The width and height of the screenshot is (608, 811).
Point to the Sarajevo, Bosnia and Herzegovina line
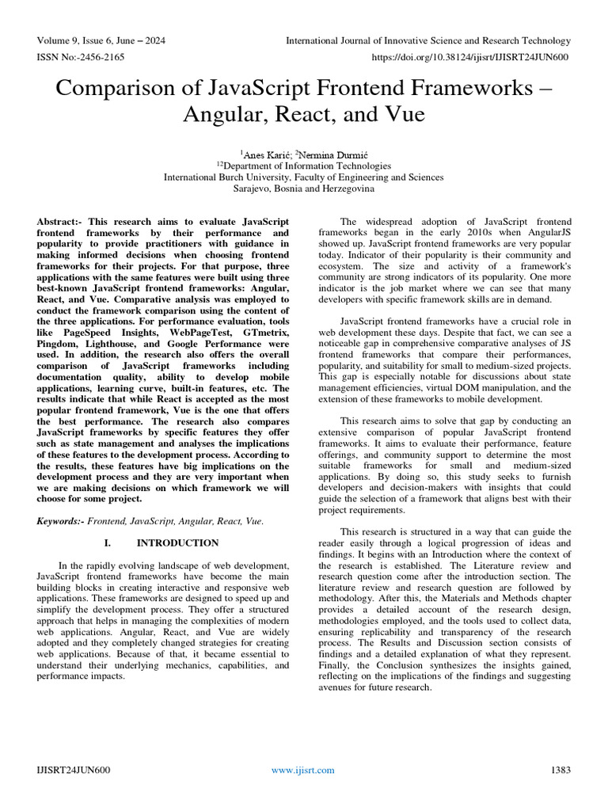[303, 189]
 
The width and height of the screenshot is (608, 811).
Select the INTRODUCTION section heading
[177, 543]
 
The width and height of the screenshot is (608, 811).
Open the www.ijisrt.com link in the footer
[302, 770]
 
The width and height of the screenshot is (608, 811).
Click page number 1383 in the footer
[560, 770]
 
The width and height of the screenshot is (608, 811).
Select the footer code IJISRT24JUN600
[74, 770]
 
